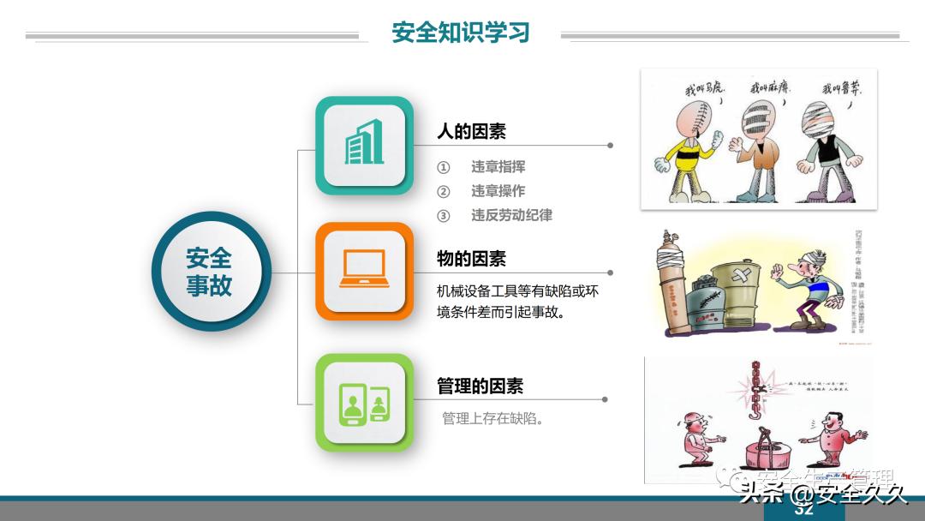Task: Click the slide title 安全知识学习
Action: [461, 33]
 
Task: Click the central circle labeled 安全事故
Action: [210, 272]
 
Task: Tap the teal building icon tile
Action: [364, 145]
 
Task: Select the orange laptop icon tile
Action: [364, 271]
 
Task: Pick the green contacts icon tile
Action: [364, 402]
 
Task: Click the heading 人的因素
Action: [471, 131]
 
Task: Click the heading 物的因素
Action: [471, 258]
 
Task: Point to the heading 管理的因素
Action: [480, 386]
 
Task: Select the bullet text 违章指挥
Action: [498, 166]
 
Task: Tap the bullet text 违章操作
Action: [498, 190]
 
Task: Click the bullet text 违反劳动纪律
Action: [511, 215]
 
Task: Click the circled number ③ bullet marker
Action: [443, 216]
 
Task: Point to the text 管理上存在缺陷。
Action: [493, 419]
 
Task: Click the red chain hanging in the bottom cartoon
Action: [756, 390]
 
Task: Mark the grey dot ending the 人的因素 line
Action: [610, 146]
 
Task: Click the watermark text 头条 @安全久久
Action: [822, 494]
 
